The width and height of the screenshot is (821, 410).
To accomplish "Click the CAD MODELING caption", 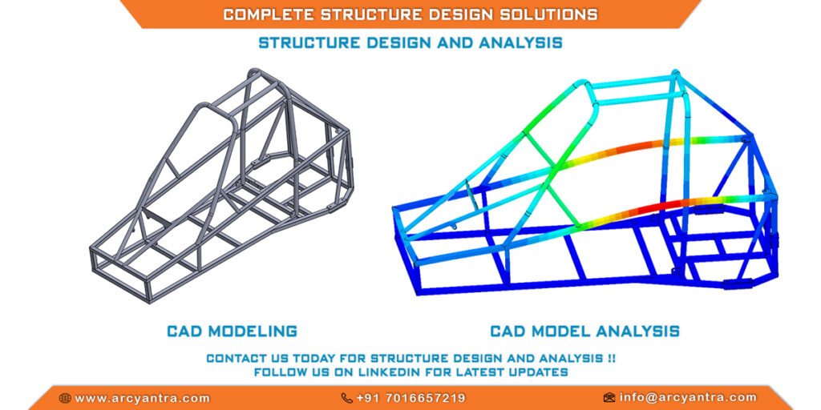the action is (232, 331).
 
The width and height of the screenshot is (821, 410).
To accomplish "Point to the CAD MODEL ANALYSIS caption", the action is (584, 331).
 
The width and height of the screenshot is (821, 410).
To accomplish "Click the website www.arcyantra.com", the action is (142, 398).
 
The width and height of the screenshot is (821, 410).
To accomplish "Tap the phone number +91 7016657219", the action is (410, 398).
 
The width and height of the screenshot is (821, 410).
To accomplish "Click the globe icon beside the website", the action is (65, 398).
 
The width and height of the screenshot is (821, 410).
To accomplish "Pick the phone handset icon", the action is (346, 398).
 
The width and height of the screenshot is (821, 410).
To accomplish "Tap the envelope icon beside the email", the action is (609, 397).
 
